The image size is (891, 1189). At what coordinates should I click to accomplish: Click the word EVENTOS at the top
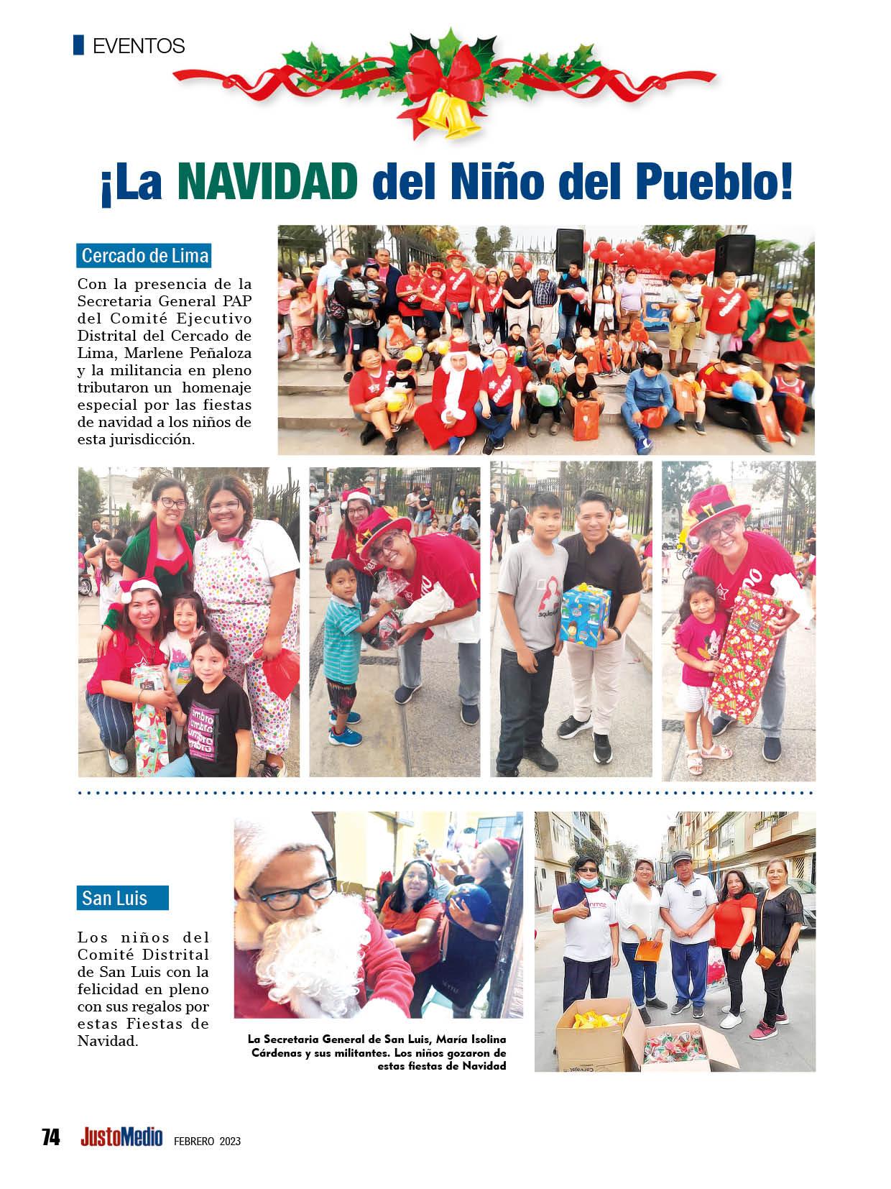[139, 47]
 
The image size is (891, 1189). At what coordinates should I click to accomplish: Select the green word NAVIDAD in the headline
[267, 183]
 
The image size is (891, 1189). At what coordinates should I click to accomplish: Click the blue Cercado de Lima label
[144, 256]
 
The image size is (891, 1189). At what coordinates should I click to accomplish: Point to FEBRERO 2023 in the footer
[207, 1140]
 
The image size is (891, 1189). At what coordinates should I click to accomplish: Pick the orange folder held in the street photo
[647, 950]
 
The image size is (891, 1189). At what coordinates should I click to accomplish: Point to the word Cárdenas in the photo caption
[278, 1053]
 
